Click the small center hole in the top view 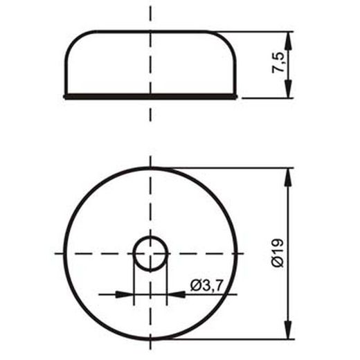(150, 253)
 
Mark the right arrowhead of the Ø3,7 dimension (176, 294)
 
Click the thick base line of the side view (150, 98)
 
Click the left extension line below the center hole (134, 280)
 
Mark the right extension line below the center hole (168, 280)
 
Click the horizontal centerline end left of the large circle (58, 253)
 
